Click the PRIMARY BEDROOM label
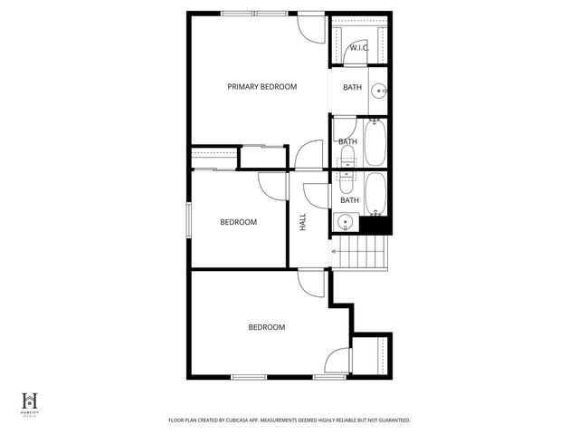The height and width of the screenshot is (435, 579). point(261,87)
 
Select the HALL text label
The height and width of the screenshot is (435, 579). point(303,221)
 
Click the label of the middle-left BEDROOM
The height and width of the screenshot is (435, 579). point(239,222)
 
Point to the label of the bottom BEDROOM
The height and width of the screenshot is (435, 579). point(267,327)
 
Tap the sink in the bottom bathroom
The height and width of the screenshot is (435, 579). point(345,222)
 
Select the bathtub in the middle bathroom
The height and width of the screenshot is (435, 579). point(375,143)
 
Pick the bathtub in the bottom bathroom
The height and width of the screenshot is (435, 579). point(375,192)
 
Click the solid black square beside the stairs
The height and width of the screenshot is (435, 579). point(375,226)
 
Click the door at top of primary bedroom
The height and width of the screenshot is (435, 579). point(311,26)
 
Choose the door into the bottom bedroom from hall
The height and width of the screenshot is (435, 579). point(311,284)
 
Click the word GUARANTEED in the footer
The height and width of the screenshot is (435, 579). point(389,420)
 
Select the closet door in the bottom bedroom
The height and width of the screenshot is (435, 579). point(338,360)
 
